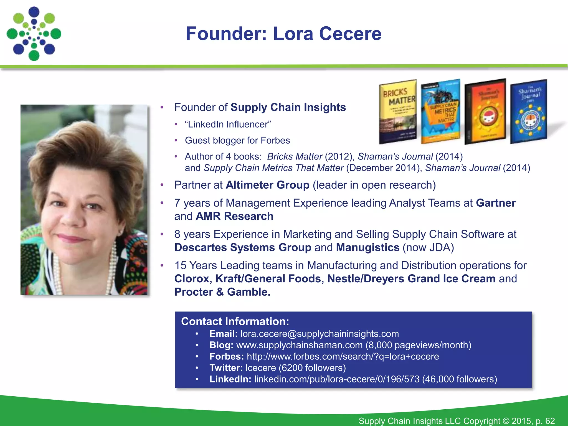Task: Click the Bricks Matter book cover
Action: coord(398,112)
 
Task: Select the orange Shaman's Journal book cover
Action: coord(486,111)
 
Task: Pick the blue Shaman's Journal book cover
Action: coord(529,111)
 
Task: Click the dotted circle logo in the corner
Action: coord(34,34)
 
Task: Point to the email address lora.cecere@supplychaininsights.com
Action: coord(319,334)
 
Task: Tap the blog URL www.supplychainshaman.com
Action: coord(300,345)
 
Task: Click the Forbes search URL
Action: coord(343,356)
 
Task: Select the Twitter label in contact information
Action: coord(226,368)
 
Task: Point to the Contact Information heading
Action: coord(235,321)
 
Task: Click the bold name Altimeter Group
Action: coord(268,185)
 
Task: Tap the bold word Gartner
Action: coord(496,203)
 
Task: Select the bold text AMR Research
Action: coord(234,216)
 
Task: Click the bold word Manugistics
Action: coord(367,247)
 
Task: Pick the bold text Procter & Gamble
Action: coord(222,292)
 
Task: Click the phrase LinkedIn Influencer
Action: coord(228,125)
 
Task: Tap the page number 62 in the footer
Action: coord(550,421)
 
